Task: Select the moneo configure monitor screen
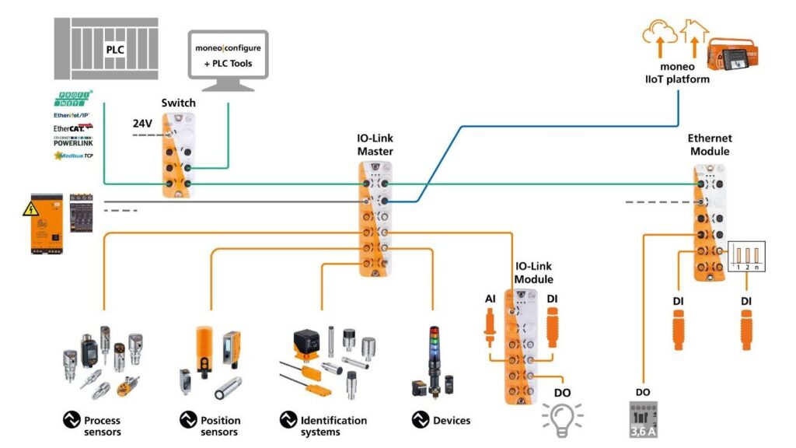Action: click(229, 55)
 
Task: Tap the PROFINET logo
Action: click(76, 99)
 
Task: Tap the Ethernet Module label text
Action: click(710, 145)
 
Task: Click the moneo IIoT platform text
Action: click(677, 73)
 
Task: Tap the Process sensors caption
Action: click(102, 426)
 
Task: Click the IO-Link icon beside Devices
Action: click(421, 421)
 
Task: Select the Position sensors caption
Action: click(220, 426)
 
